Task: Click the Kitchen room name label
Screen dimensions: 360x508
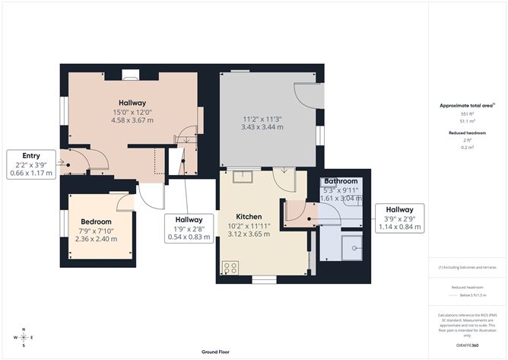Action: click(x=249, y=215)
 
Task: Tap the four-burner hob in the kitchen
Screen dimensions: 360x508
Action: click(x=229, y=268)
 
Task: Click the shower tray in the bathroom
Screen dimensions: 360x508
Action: click(x=353, y=247)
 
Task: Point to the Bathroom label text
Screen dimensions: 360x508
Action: click(x=341, y=180)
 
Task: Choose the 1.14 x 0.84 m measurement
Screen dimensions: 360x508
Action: click(x=399, y=227)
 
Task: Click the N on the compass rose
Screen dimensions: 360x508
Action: click(x=24, y=330)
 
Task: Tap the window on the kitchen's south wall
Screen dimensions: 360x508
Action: click(x=264, y=280)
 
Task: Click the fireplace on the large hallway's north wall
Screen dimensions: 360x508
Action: click(x=130, y=74)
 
